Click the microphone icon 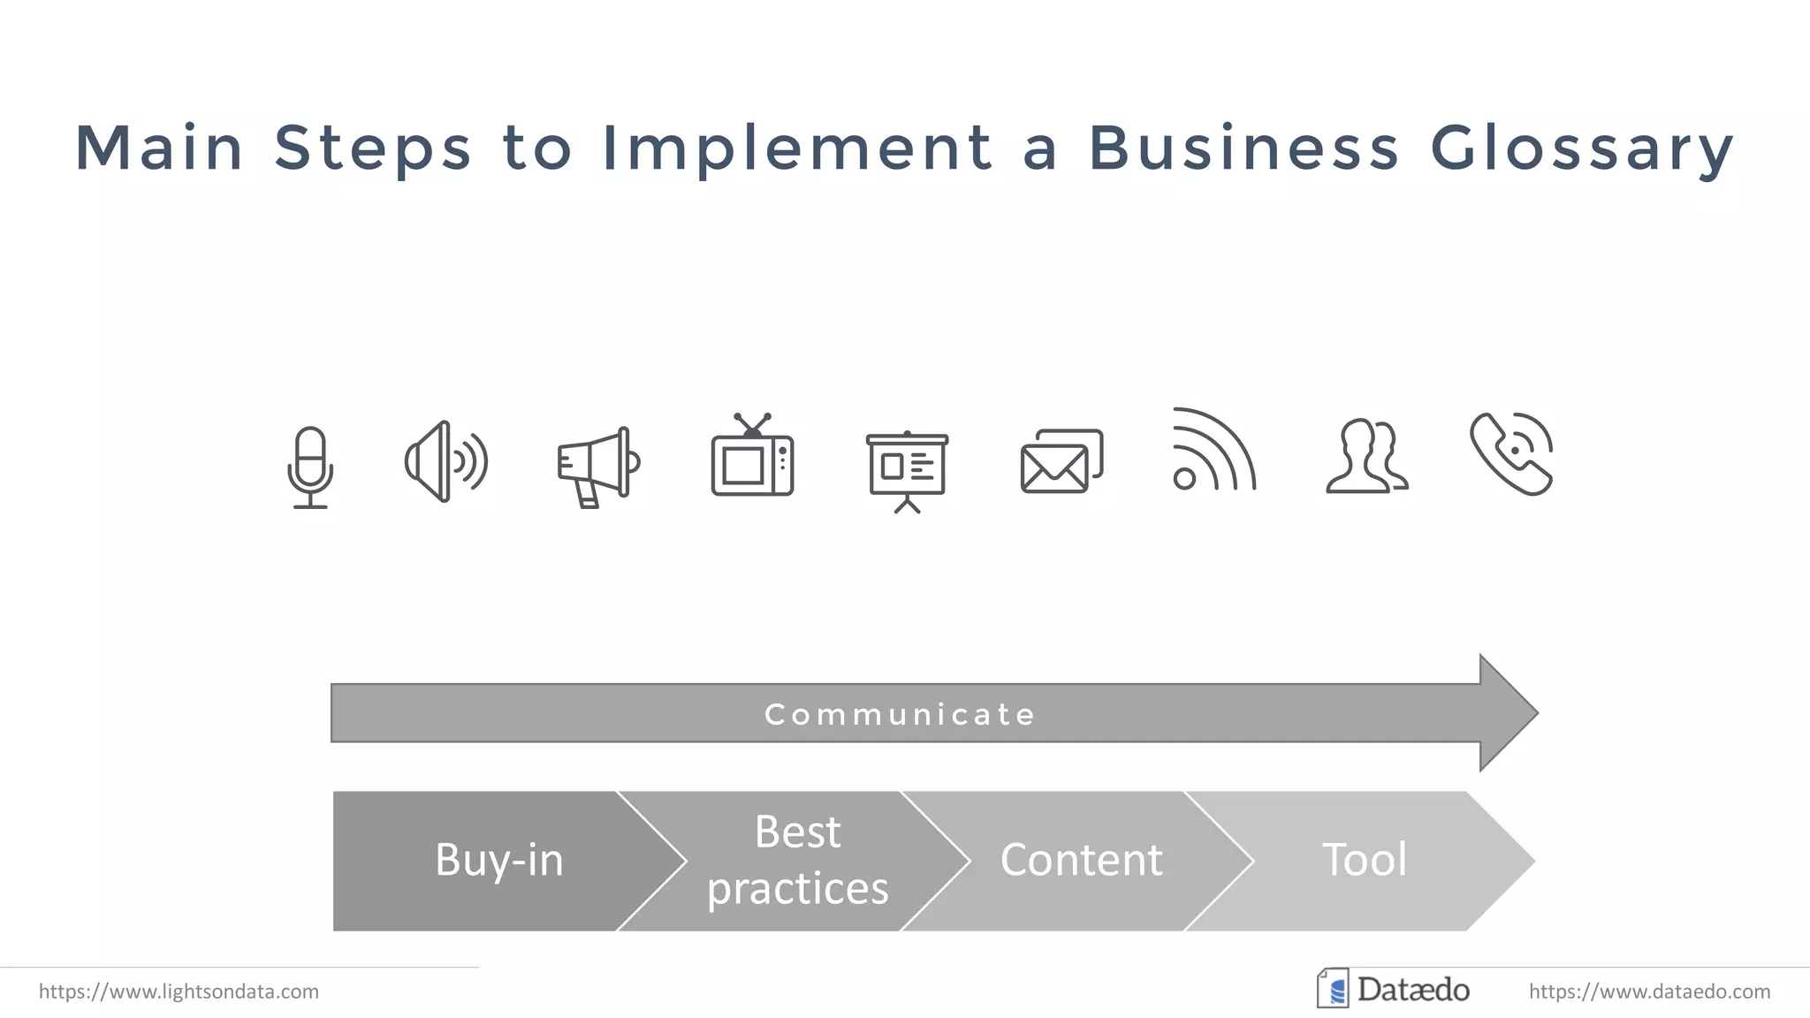[310, 467]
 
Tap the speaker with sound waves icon [445, 461]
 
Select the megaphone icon [598, 467]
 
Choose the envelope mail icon [1061, 461]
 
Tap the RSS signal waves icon [1213, 451]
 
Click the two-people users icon [1366, 456]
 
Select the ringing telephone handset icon [1512, 453]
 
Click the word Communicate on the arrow [900, 714]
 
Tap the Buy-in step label [499, 860]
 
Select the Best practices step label [798, 860]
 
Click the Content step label [1081, 860]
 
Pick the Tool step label [1364, 860]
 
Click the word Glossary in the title [1582, 148]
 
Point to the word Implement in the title [797, 148]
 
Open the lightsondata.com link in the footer [179, 991]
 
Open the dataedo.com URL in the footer [1649, 991]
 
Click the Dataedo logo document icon [1333, 989]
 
